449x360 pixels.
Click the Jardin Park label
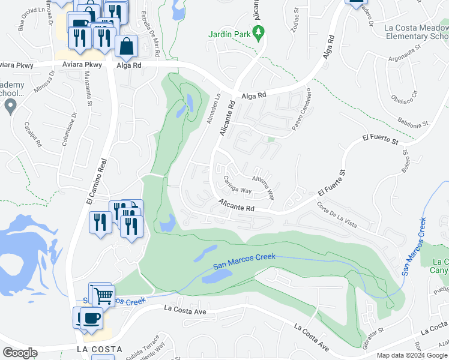pyautogui.click(x=229, y=34)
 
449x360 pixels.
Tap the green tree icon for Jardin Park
pyautogui.click(x=259, y=33)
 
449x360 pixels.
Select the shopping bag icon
pyautogui.click(x=127, y=47)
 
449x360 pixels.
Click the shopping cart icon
pyautogui.click(x=104, y=295)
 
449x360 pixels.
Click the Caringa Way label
pyautogui.click(x=237, y=185)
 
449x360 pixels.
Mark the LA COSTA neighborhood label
pyautogui.click(x=100, y=349)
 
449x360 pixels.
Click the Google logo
pyautogui.click(x=20, y=353)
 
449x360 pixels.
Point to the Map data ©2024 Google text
pyautogui.click(x=412, y=355)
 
